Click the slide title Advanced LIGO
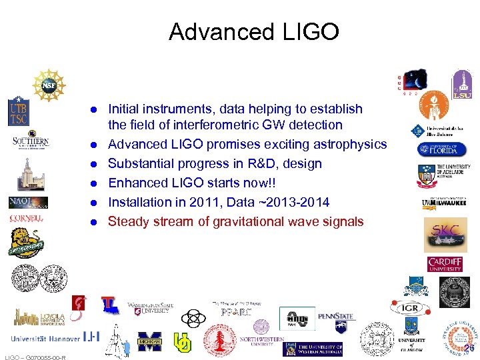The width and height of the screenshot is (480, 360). coord(254,31)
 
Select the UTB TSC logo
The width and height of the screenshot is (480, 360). coord(19,112)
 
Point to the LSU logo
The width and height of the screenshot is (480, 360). coord(461,85)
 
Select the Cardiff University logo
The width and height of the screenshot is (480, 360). coord(445,264)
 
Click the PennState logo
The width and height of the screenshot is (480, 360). coord(336,317)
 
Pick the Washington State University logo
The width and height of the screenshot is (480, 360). coord(151,308)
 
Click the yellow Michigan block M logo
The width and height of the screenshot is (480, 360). coord(149,341)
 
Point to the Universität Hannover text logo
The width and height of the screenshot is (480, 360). coord(45,338)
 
